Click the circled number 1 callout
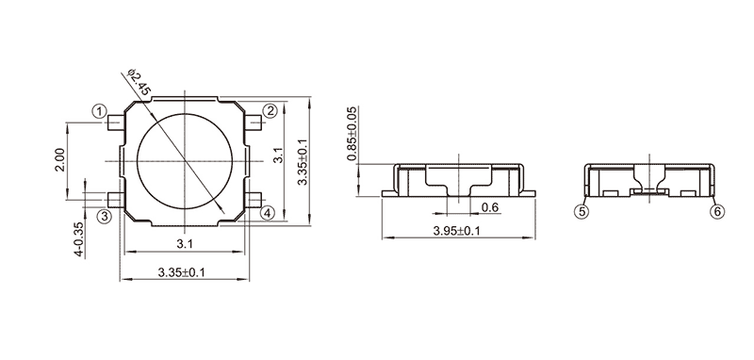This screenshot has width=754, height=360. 99,111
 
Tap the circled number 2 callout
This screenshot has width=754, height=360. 270,111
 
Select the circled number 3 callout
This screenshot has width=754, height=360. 105,216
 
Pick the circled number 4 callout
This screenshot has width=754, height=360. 268,213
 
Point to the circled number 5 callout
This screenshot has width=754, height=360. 582,211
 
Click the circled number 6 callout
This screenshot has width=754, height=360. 717,211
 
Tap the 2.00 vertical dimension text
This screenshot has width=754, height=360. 59,161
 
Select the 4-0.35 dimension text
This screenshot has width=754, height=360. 79,238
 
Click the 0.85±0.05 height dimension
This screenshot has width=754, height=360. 352,134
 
